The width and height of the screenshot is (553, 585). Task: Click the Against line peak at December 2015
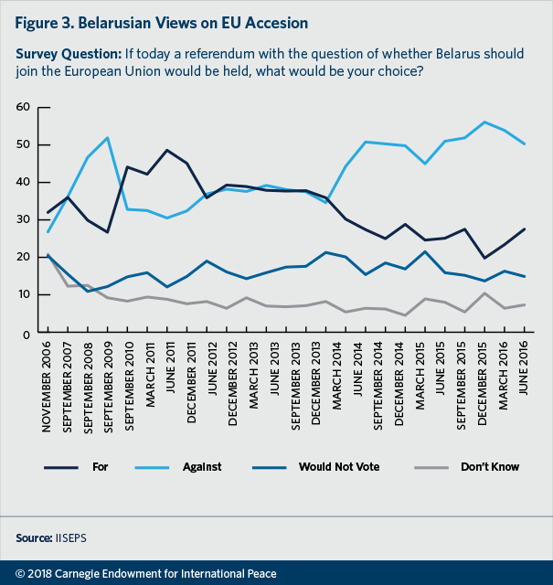(483, 122)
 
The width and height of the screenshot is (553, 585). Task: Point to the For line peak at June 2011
(168, 150)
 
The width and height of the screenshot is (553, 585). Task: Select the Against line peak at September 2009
(108, 138)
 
